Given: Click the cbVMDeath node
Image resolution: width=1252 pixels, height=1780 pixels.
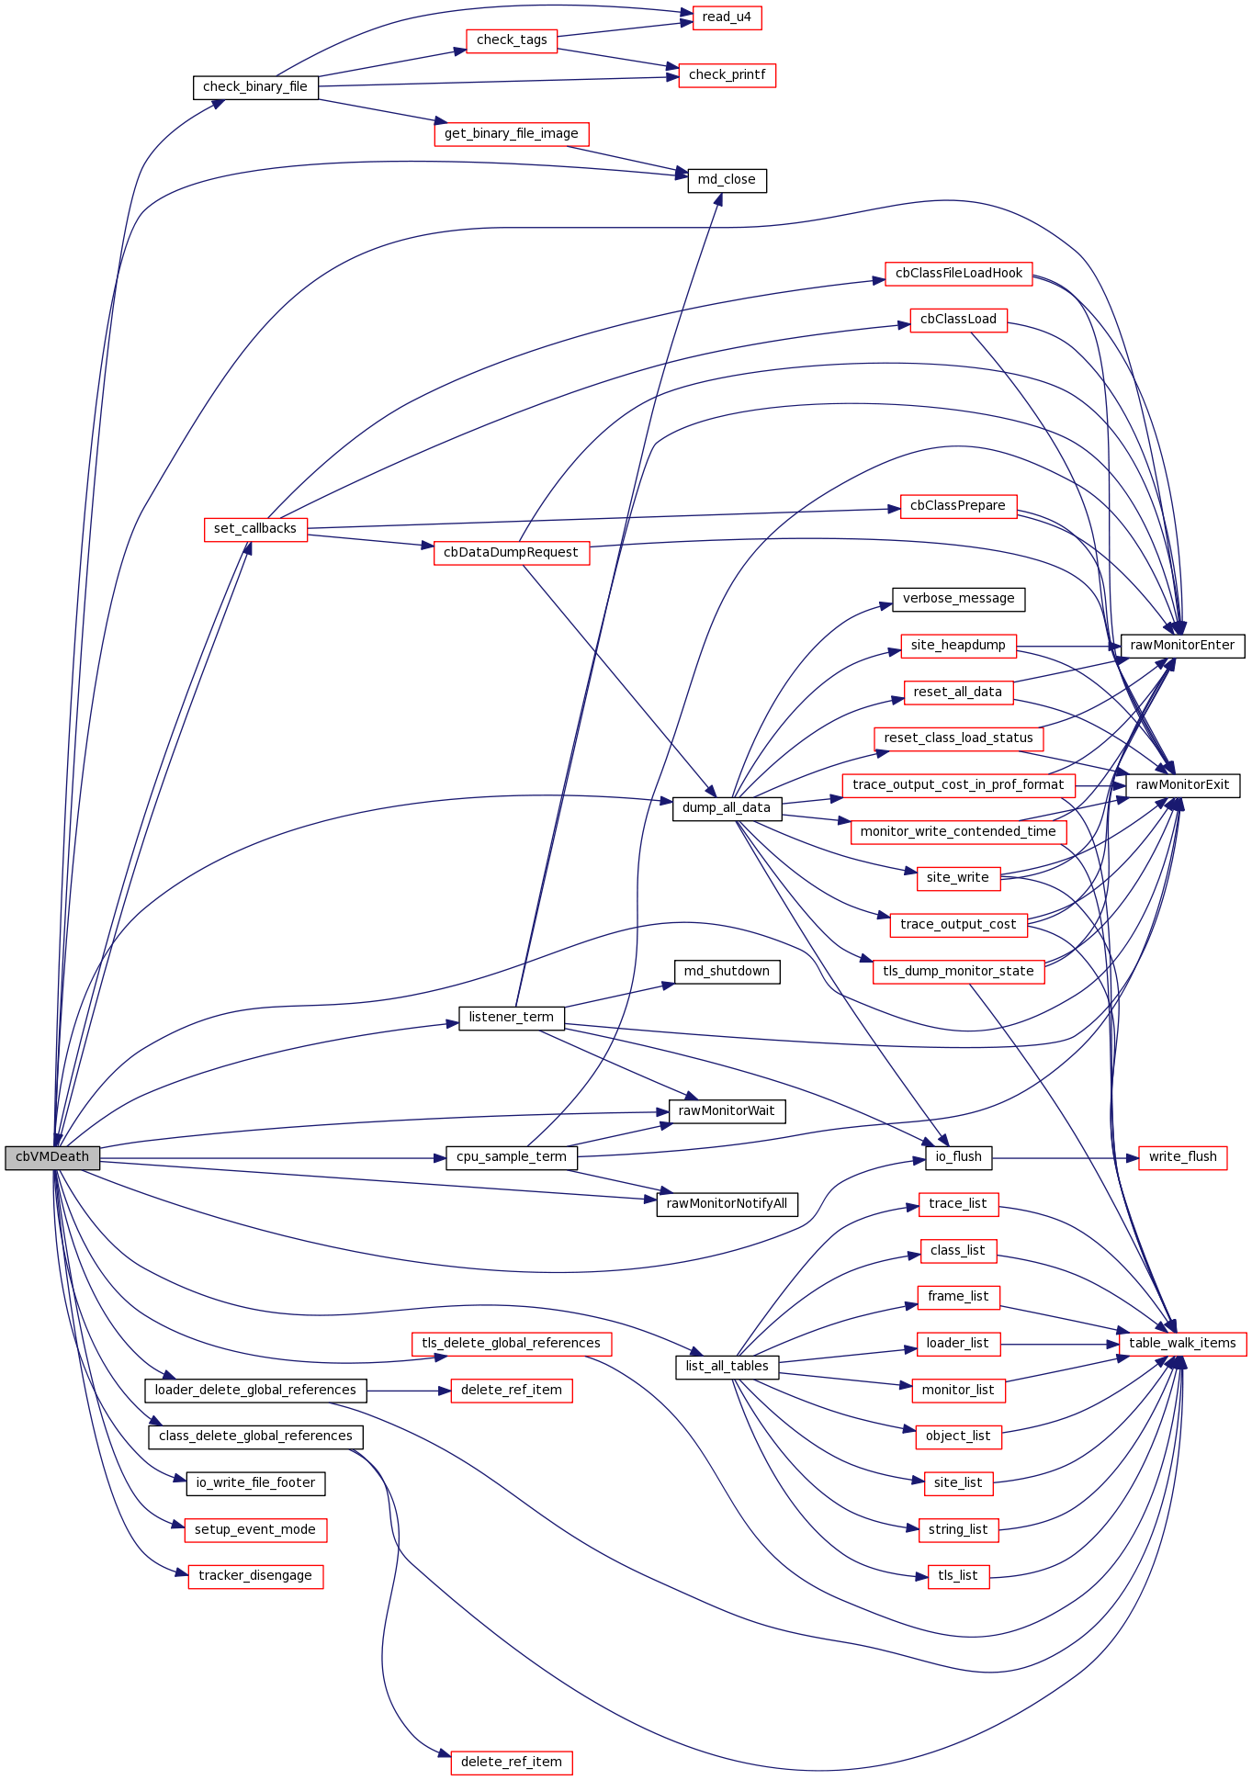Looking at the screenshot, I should point(52,1157).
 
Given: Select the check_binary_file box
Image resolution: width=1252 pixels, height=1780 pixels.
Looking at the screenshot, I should point(255,87).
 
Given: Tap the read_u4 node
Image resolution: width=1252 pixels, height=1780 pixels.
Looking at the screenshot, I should point(727,17).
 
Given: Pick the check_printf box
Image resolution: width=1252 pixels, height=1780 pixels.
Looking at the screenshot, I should point(727,75).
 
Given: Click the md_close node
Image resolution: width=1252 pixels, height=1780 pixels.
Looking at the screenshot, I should point(727,180).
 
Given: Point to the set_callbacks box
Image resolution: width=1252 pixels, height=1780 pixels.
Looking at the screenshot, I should point(255,529).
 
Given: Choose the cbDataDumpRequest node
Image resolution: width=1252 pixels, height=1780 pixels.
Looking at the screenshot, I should point(511,553).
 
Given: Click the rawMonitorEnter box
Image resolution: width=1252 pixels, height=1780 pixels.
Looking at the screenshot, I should point(1182,646).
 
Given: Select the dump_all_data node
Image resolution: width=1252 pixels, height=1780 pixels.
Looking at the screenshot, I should point(727,808).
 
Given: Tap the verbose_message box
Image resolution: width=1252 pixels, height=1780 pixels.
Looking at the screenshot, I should point(958,599).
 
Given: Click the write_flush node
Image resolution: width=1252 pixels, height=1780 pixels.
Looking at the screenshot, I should point(1182,1157).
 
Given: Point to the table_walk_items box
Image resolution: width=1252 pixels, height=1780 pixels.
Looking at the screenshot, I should point(1182,1344).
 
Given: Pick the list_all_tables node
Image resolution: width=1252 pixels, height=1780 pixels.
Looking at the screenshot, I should point(727,1367).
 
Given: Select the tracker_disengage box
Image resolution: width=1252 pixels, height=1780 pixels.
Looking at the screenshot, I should point(255,1576).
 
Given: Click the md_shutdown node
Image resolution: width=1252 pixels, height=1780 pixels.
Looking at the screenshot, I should point(727,972).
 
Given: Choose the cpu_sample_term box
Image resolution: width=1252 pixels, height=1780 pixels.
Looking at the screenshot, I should point(511,1157).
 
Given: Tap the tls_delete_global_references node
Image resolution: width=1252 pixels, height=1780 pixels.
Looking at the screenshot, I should point(511,1344).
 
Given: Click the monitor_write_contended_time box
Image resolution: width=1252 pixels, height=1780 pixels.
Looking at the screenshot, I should point(958,832).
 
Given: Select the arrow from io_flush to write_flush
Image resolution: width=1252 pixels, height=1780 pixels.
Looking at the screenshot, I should point(1066,1158).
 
